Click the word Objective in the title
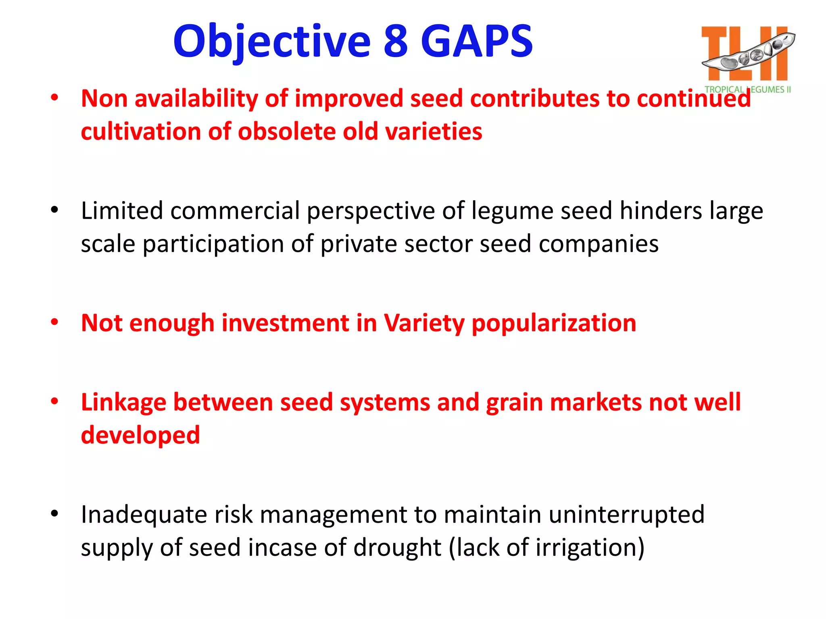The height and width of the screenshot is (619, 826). (x=271, y=42)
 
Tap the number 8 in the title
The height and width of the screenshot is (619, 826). (x=396, y=42)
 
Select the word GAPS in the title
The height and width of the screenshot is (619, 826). (x=477, y=42)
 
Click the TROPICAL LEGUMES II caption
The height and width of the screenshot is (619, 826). (x=747, y=89)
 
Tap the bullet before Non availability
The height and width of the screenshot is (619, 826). (x=54, y=98)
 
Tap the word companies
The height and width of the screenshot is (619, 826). (x=599, y=244)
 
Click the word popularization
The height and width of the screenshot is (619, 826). (x=554, y=323)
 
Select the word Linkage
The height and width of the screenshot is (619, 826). (x=123, y=403)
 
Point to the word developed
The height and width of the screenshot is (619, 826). (x=140, y=435)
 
